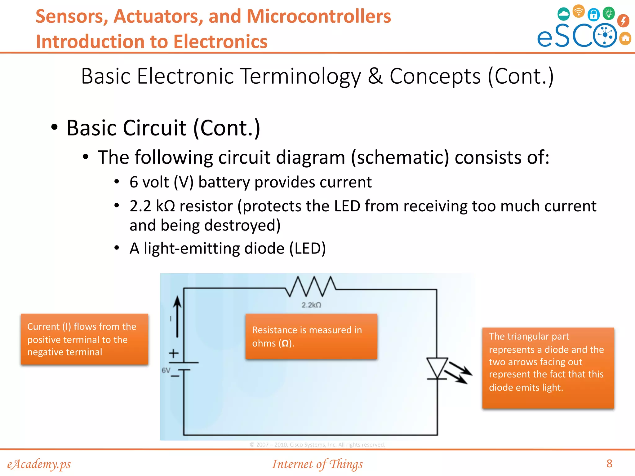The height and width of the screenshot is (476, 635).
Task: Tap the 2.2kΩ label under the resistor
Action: coord(311,305)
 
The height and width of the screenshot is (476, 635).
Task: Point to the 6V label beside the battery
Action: coord(166,370)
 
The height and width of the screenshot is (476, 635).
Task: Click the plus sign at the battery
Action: coord(174,353)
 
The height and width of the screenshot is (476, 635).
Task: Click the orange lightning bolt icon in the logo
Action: coord(623,21)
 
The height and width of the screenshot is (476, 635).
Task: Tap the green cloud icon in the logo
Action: coord(563,14)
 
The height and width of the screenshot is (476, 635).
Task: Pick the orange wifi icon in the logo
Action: coord(579,11)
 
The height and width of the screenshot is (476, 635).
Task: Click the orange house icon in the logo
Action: coord(625,38)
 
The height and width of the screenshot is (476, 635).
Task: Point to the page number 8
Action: coord(609,464)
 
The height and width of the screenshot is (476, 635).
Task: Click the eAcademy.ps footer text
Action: coord(39,464)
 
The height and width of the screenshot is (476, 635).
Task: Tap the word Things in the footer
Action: coord(346,464)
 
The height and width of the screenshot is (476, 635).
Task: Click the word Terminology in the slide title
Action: coord(301,76)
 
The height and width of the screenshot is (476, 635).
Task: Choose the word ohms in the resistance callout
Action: coord(264,343)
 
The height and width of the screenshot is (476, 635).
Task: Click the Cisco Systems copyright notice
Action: coord(317,445)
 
